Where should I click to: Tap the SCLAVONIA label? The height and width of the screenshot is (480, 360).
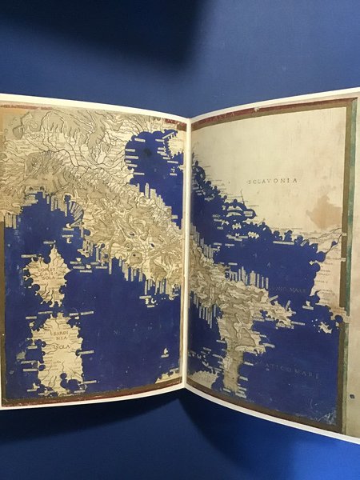coord(273,181)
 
